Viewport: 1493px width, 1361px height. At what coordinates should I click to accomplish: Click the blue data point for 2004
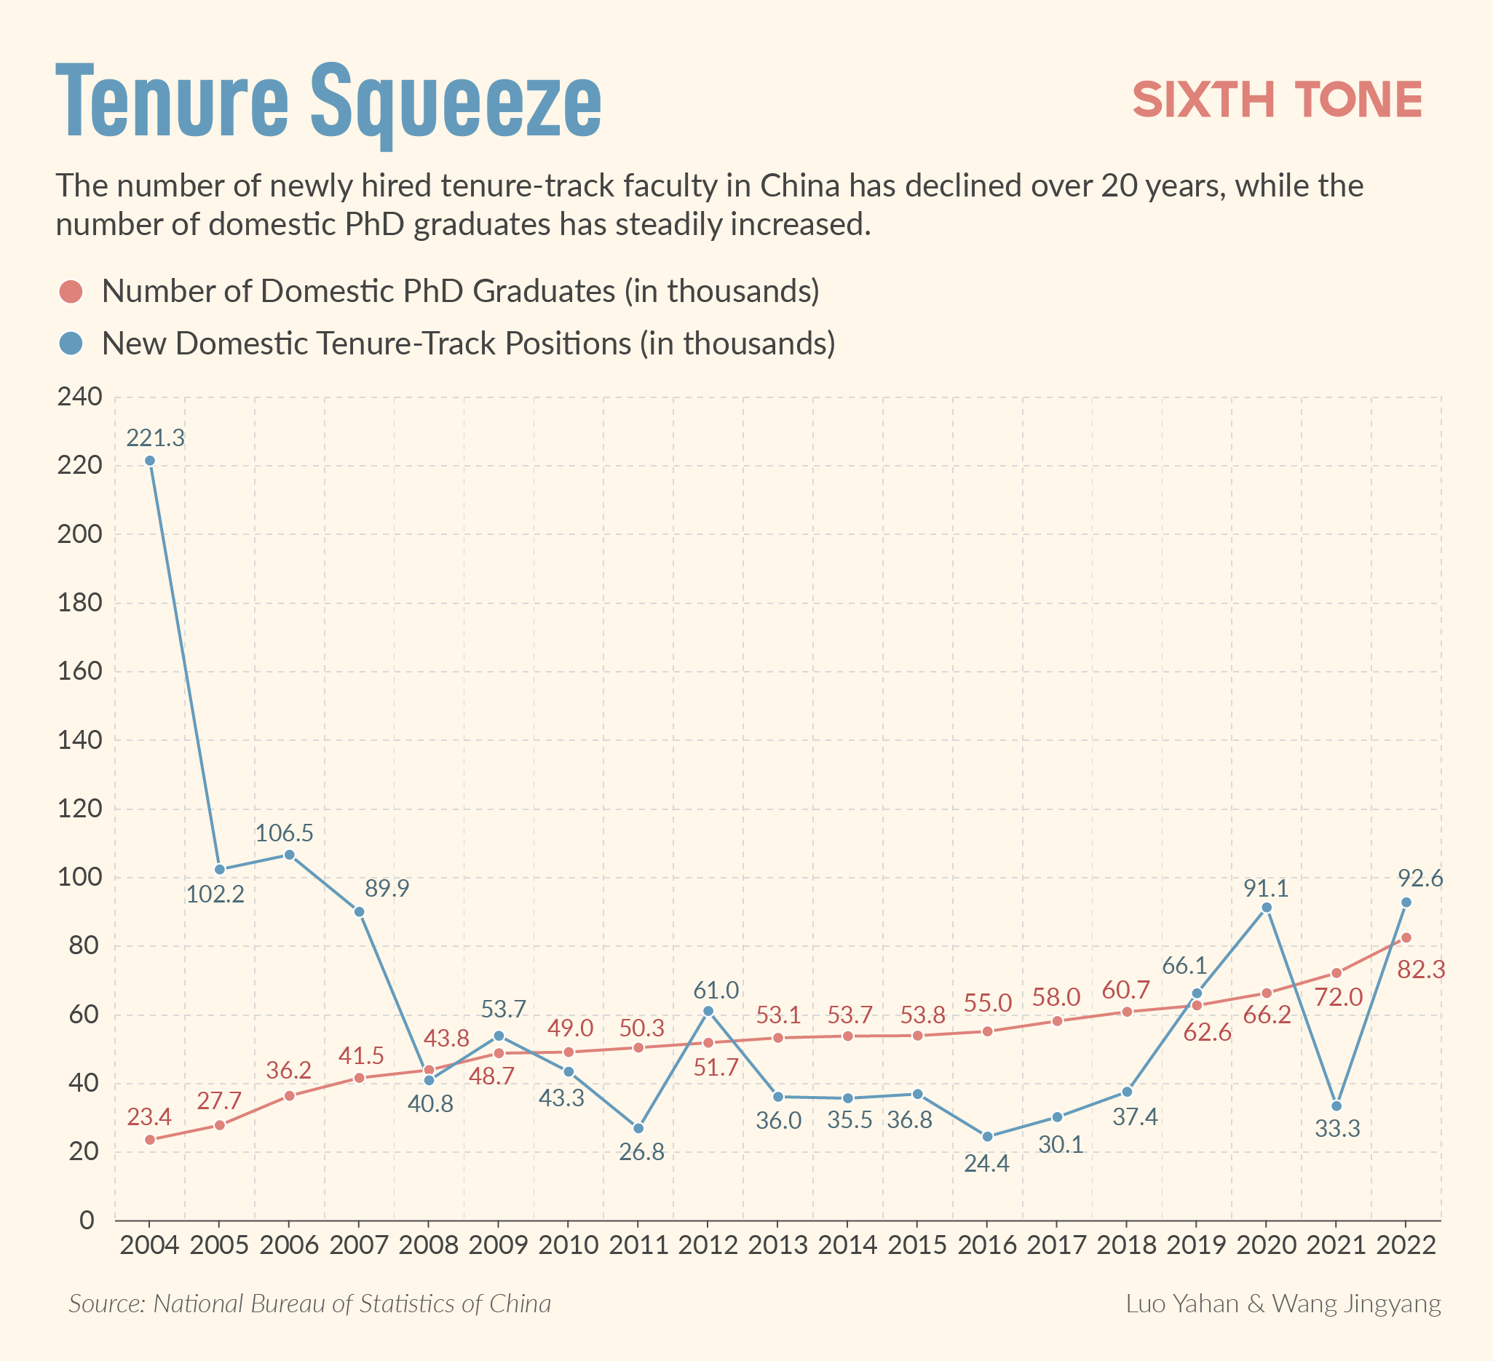150,461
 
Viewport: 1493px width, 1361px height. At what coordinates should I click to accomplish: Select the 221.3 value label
156,438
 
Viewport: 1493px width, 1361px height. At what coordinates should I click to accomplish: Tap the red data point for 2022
1406,937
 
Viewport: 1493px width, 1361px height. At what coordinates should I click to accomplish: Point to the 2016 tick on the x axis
987,1245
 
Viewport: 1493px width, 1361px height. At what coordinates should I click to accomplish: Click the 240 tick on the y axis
79,397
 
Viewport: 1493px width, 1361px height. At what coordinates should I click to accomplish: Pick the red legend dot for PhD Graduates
71,291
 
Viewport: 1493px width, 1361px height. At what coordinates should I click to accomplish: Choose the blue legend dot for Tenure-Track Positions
71,343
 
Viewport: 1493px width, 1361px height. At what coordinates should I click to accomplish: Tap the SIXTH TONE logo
1278,100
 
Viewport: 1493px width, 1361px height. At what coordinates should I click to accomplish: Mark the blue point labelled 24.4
987,1137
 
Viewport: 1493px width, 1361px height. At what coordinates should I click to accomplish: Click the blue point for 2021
1336,1106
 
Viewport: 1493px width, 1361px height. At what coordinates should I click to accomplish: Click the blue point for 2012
708,1011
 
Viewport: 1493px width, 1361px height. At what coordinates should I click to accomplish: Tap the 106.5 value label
285,834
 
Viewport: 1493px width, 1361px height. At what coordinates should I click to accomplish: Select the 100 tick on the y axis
79,878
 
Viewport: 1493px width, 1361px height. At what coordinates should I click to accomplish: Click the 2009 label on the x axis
499,1245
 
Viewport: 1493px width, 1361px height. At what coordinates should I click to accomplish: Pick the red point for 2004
150,1140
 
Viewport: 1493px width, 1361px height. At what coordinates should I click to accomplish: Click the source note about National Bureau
309,1304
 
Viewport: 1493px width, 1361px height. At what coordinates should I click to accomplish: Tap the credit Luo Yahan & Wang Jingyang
1283,1304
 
